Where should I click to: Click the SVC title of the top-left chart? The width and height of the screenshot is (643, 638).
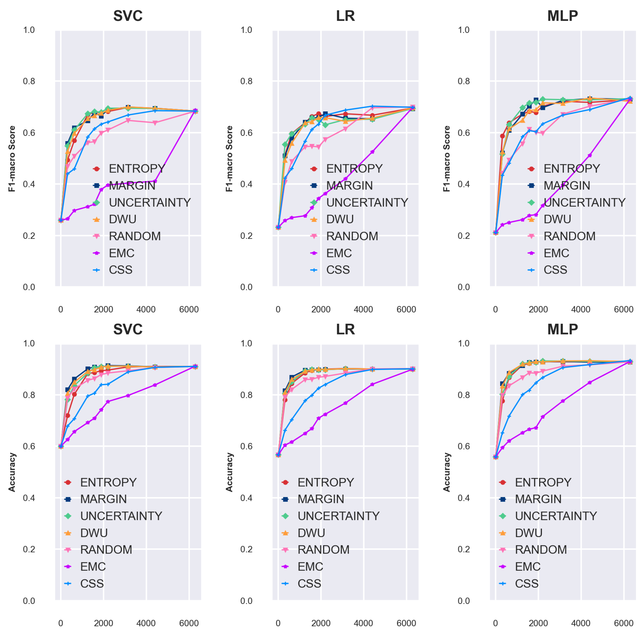click(128, 16)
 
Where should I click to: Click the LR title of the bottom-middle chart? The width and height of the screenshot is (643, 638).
click(345, 329)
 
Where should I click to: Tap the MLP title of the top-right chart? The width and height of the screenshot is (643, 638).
click(562, 16)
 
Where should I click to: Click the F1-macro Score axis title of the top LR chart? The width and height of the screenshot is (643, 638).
click(229, 158)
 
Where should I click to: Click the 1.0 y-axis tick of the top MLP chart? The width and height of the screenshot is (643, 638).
click(464, 30)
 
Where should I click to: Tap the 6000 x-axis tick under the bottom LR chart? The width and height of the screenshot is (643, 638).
click(406, 623)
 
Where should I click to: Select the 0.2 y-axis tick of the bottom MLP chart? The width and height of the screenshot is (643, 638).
click(464, 549)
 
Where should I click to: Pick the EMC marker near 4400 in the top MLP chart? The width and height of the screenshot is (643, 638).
click(590, 155)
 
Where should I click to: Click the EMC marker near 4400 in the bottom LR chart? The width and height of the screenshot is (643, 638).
click(372, 384)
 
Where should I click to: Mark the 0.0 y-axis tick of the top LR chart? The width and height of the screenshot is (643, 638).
click(246, 287)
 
